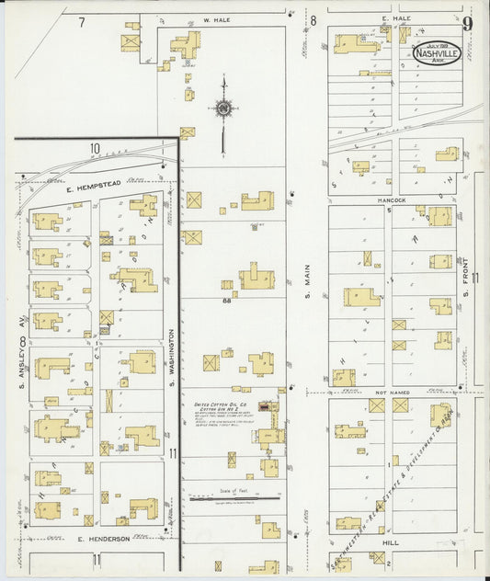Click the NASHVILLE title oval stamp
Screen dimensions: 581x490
point(438,53)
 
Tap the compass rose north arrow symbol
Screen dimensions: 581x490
point(222,112)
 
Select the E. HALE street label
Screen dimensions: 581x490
point(370,18)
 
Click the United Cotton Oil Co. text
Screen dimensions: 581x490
point(219,404)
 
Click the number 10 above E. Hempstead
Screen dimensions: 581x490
point(94,148)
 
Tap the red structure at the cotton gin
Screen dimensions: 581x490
point(265,405)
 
